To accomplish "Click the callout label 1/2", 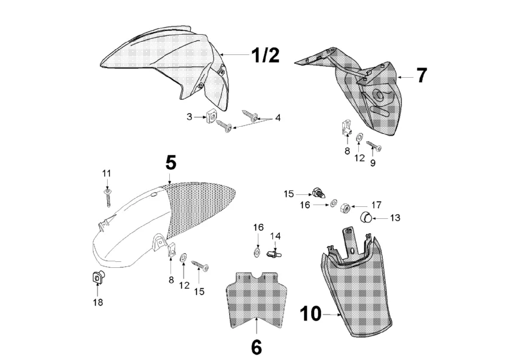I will click(x=264, y=56).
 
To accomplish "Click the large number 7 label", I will click(x=422, y=76).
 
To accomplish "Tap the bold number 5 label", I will click(x=170, y=163).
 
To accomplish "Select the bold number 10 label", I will click(x=310, y=313).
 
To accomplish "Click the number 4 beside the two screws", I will click(x=278, y=118).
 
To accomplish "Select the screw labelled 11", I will click(x=108, y=196).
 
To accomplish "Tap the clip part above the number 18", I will click(x=96, y=277).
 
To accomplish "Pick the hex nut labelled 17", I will click(x=345, y=208).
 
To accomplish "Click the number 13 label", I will click(x=395, y=218).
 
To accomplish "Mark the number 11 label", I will click(x=106, y=173).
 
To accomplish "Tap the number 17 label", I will click(x=376, y=204).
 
